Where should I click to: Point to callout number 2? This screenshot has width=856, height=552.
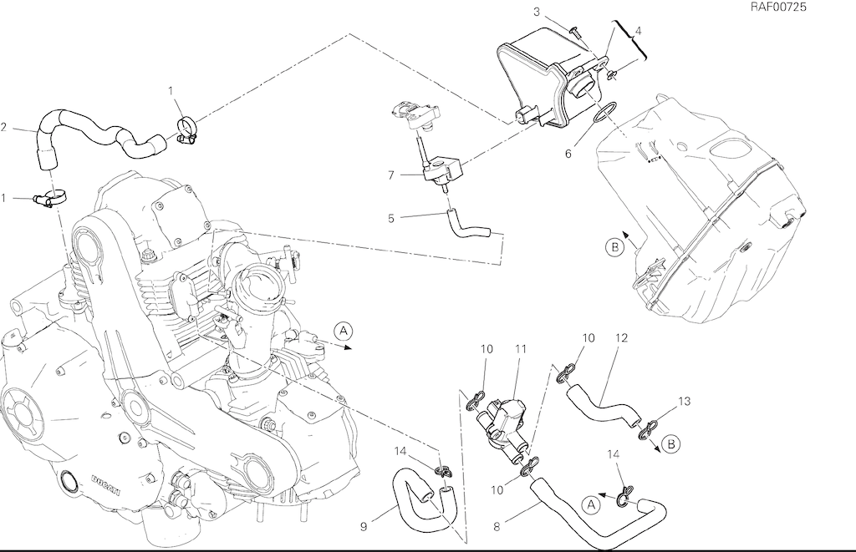[x=4, y=128]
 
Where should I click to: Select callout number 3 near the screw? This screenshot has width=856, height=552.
[x=538, y=11]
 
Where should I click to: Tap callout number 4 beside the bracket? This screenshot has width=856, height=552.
[x=639, y=31]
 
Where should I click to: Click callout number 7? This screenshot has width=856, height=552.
[x=390, y=175]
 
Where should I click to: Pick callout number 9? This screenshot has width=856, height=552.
[x=364, y=526]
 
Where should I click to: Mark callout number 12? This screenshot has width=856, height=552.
[x=621, y=338]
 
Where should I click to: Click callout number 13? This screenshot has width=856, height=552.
[x=685, y=402]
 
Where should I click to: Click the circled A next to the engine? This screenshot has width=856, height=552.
[x=343, y=331]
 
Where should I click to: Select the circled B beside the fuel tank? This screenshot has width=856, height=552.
[x=614, y=247]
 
